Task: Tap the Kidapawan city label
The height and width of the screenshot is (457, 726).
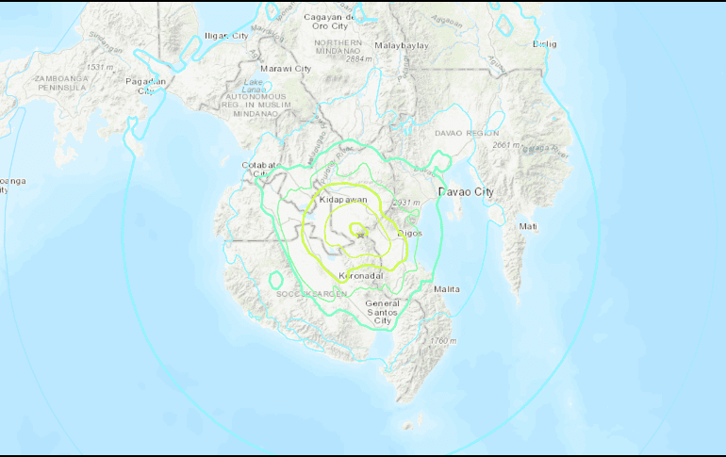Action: coord(343,201)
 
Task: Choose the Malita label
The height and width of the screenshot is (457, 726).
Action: coord(447,288)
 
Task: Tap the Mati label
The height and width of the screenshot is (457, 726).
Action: coord(528,226)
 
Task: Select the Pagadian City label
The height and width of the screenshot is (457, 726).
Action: coord(146,86)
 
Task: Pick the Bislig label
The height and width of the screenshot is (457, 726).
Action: coord(544,43)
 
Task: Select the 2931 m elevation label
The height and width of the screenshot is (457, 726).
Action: coord(406,203)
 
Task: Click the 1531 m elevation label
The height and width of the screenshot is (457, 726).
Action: coord(99,68)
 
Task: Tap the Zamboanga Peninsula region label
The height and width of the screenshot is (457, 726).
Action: coord(59,82)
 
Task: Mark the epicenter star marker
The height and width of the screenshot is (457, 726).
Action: coord(359,235)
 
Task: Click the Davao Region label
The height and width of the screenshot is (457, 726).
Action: coord(460,134)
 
